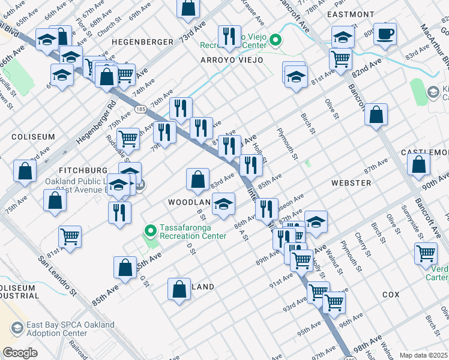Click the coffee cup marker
coord(385,34)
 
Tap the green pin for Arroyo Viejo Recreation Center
coord(276,41)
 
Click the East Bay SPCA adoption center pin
coord(17,329)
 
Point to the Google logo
coord(20,353)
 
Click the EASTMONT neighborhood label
coord(351,14)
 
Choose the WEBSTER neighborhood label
coord(351,182)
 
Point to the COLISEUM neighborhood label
coord(33,137)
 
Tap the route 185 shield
coord(140,109)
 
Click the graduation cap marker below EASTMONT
coord(342,37)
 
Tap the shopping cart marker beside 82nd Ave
coord(340,59)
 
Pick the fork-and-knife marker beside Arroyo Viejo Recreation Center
coord(228,36)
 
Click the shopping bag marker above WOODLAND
coord(197,178)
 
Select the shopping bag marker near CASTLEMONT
coord(419,164)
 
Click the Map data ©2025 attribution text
coord(424,355)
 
